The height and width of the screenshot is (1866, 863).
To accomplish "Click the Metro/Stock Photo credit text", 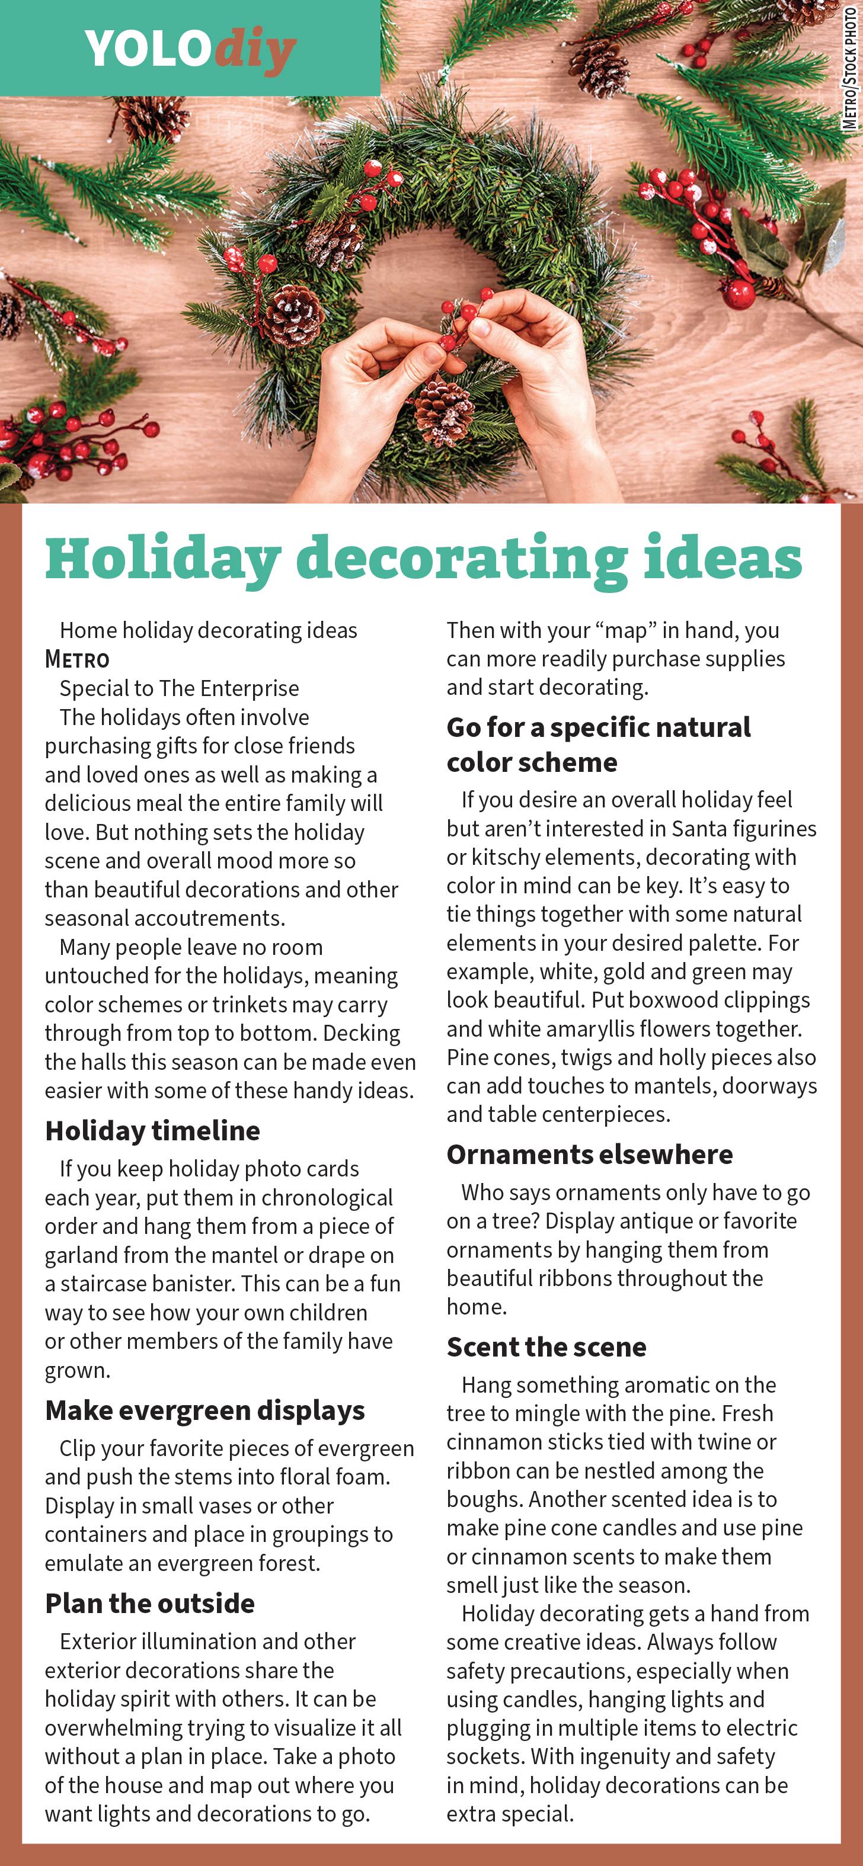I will coord(850,68).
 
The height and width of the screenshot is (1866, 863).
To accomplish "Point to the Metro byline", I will coord(77,659).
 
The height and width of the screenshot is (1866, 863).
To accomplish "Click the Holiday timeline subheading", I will coord(152,1131).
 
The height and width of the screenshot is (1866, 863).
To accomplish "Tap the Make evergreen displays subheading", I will coord(205,1410).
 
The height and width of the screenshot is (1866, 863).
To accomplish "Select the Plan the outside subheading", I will coord(150,1604).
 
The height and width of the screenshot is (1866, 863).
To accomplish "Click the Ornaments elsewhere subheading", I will coord(589,1155).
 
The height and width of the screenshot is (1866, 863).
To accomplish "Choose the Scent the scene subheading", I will coord(546,1347).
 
